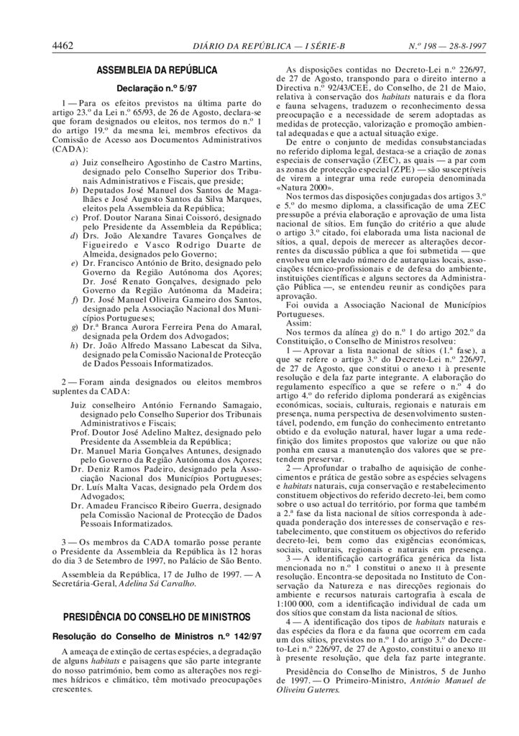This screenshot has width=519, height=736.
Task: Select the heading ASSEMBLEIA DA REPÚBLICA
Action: [x=157, y=72]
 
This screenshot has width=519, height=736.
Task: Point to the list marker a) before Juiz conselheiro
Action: [x=74, y=165]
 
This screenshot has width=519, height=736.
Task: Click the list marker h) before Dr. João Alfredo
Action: [x=74, y=346]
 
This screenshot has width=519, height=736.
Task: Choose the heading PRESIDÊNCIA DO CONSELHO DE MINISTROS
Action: [x=156, y=617]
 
